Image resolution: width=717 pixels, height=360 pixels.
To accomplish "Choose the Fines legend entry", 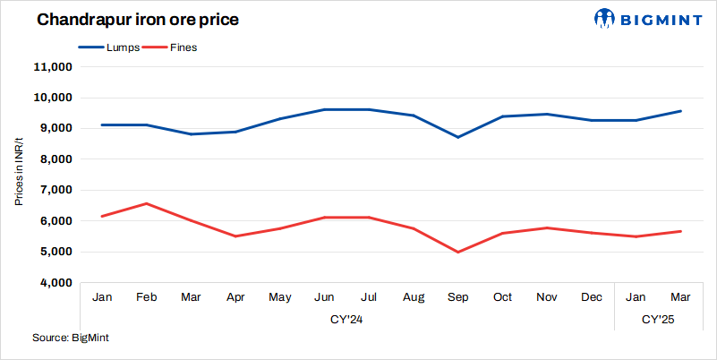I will [184, 47].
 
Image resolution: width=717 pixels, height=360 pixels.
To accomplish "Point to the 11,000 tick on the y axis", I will [52, 67].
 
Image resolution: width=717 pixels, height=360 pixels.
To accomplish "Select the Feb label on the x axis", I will [147, 296].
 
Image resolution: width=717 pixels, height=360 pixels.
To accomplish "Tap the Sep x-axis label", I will [458, 296].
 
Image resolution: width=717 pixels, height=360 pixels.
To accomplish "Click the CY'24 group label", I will [346, 318].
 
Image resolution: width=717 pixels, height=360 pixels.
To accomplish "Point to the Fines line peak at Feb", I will [147, 203].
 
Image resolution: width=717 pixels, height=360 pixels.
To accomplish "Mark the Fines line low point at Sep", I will [458, 252].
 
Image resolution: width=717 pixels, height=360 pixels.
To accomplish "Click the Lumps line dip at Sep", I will [458, 137].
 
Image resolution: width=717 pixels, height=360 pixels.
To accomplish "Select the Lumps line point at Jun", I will [325, 109].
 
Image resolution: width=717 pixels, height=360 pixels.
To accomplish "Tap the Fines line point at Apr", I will [235, 236].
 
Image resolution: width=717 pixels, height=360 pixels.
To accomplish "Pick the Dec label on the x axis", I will [592, 296].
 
